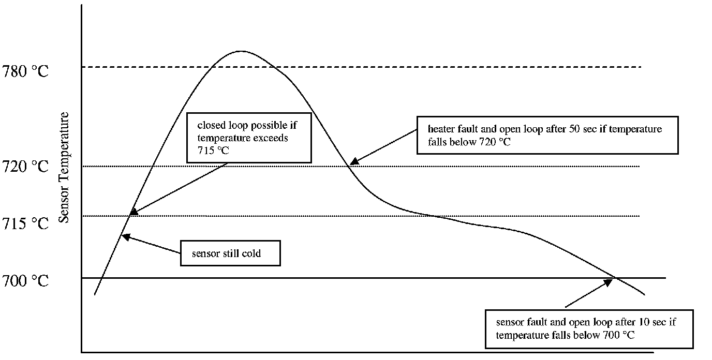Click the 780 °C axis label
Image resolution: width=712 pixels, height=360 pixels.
point(25,71)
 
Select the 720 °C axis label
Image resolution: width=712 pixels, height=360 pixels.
point(25,167)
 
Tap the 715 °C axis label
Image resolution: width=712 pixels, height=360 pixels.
point(25,223)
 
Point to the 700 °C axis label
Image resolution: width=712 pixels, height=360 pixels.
point(25,281)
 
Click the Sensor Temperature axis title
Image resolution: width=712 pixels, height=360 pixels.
point(64,167)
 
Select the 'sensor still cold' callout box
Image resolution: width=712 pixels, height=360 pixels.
point(230,253)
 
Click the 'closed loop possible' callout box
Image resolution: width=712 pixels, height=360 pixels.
point(249,138)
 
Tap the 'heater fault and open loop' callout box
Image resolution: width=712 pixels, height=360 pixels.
point(547,135)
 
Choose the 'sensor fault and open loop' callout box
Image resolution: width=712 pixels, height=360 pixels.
point(588,328)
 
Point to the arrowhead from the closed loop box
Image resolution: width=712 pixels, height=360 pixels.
point(133,212)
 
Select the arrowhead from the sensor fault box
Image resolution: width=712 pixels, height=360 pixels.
point(608,282)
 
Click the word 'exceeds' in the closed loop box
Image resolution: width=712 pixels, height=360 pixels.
point(273,138)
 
